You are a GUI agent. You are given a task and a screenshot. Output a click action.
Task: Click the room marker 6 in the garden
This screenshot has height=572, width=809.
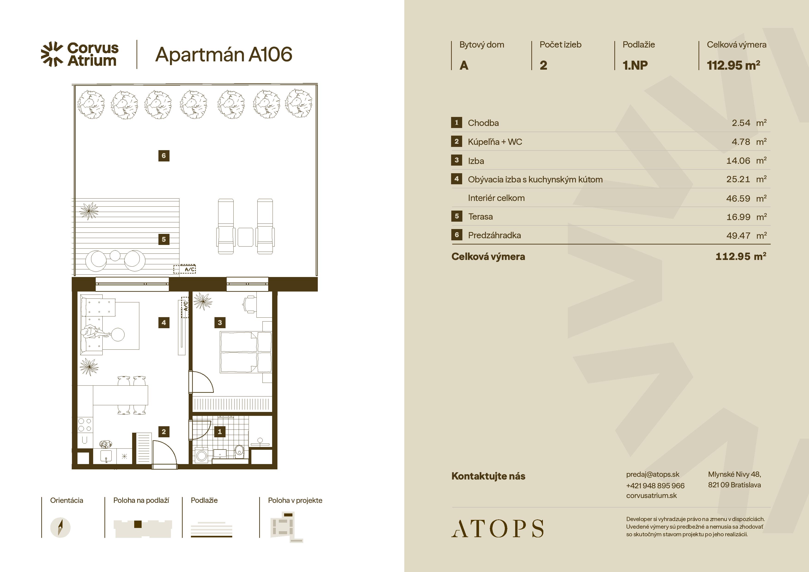click(x=164, y=155)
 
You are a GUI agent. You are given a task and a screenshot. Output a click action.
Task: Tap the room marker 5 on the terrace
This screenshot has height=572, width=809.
click(x=164, y=239)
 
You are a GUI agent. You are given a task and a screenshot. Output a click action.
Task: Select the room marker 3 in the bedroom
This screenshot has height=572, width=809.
click(x=220, y=322)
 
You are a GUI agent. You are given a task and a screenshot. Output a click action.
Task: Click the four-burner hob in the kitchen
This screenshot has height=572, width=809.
click(x=85, y=425)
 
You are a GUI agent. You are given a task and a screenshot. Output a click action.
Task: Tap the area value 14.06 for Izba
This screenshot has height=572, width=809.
click(x=738, y=161)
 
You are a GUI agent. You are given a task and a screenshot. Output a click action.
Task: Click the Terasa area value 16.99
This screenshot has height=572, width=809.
click(x=738, y=217)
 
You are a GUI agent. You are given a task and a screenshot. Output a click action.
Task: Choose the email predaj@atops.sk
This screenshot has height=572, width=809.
click(x=653, y=474)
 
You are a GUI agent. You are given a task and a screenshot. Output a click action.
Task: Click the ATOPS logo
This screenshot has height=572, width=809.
click(x=497, y=528)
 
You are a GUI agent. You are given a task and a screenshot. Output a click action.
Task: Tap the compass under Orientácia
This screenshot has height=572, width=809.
click(x=60, y=527)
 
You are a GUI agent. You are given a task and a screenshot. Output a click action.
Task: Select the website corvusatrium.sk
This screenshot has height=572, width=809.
click(x=651, y=495)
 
